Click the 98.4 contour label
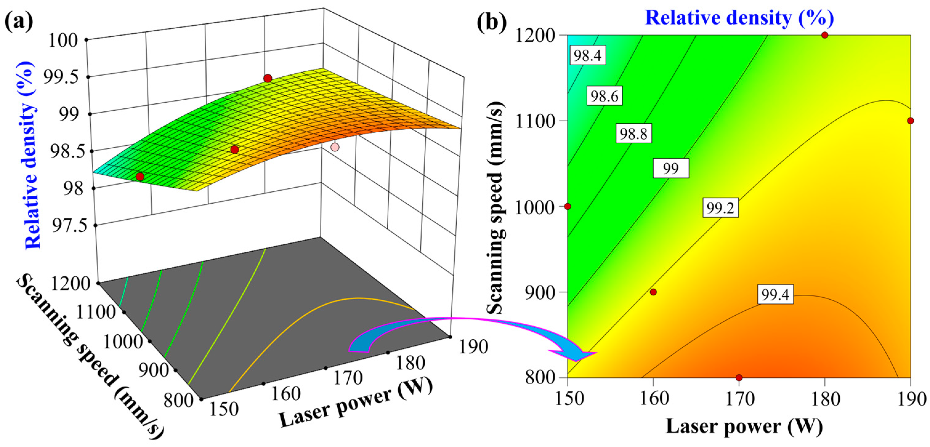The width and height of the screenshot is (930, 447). tap(588, 56)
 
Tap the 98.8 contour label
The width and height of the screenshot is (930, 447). tap(633, 134)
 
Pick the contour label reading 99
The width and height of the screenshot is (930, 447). tap(671, 168)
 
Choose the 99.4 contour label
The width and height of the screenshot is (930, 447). tap(775, 295)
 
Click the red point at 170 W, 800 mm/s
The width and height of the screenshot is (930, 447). tap(739, 377)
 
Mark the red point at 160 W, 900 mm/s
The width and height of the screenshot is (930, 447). tap(653, 292)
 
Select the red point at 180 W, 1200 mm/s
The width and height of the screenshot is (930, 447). tap(825, 35)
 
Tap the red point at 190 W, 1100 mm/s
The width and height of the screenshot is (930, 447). tap(910, 121)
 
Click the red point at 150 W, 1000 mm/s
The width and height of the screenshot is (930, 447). tap(568, 206)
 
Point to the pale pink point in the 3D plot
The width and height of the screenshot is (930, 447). tap(335, 147)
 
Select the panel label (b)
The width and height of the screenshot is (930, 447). tap(491, 22)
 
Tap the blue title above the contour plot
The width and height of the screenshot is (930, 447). tap(739, 17)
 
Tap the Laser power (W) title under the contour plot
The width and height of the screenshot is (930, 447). tap(744, 426)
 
